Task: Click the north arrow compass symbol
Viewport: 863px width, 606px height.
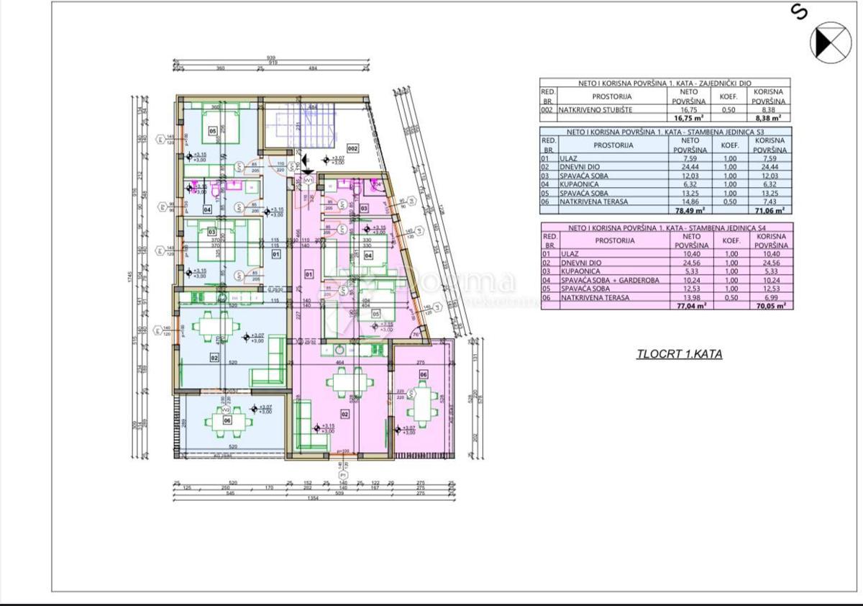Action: click(x=831, y=41)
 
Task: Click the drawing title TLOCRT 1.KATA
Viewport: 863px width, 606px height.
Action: click(x=679, y=353)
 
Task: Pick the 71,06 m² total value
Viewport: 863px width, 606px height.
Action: click(x=769, y=211)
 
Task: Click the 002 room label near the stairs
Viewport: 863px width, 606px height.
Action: click(x=352, y=148)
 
